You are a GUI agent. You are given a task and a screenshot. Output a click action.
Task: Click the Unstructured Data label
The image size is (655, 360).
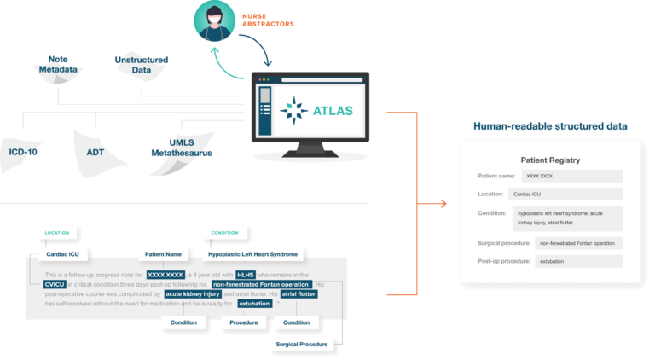[x=142, y=64]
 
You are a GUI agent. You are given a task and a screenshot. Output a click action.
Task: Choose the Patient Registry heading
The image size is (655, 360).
[x=550, y=160]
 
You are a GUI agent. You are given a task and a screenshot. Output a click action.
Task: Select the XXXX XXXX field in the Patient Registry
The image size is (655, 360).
[x=540, y=176]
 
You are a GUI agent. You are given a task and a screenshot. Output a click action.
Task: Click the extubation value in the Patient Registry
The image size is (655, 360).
[x=553, y=261]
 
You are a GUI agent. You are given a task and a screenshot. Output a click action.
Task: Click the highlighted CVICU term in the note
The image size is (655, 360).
[x=55, y=284]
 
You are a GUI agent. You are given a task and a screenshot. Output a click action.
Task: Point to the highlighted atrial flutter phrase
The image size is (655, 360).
[x=299, y=293]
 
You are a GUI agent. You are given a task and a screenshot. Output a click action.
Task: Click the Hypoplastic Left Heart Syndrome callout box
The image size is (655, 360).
[x=253, y=253]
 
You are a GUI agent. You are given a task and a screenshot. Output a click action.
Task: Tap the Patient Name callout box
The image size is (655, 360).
[x=164, y=253]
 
